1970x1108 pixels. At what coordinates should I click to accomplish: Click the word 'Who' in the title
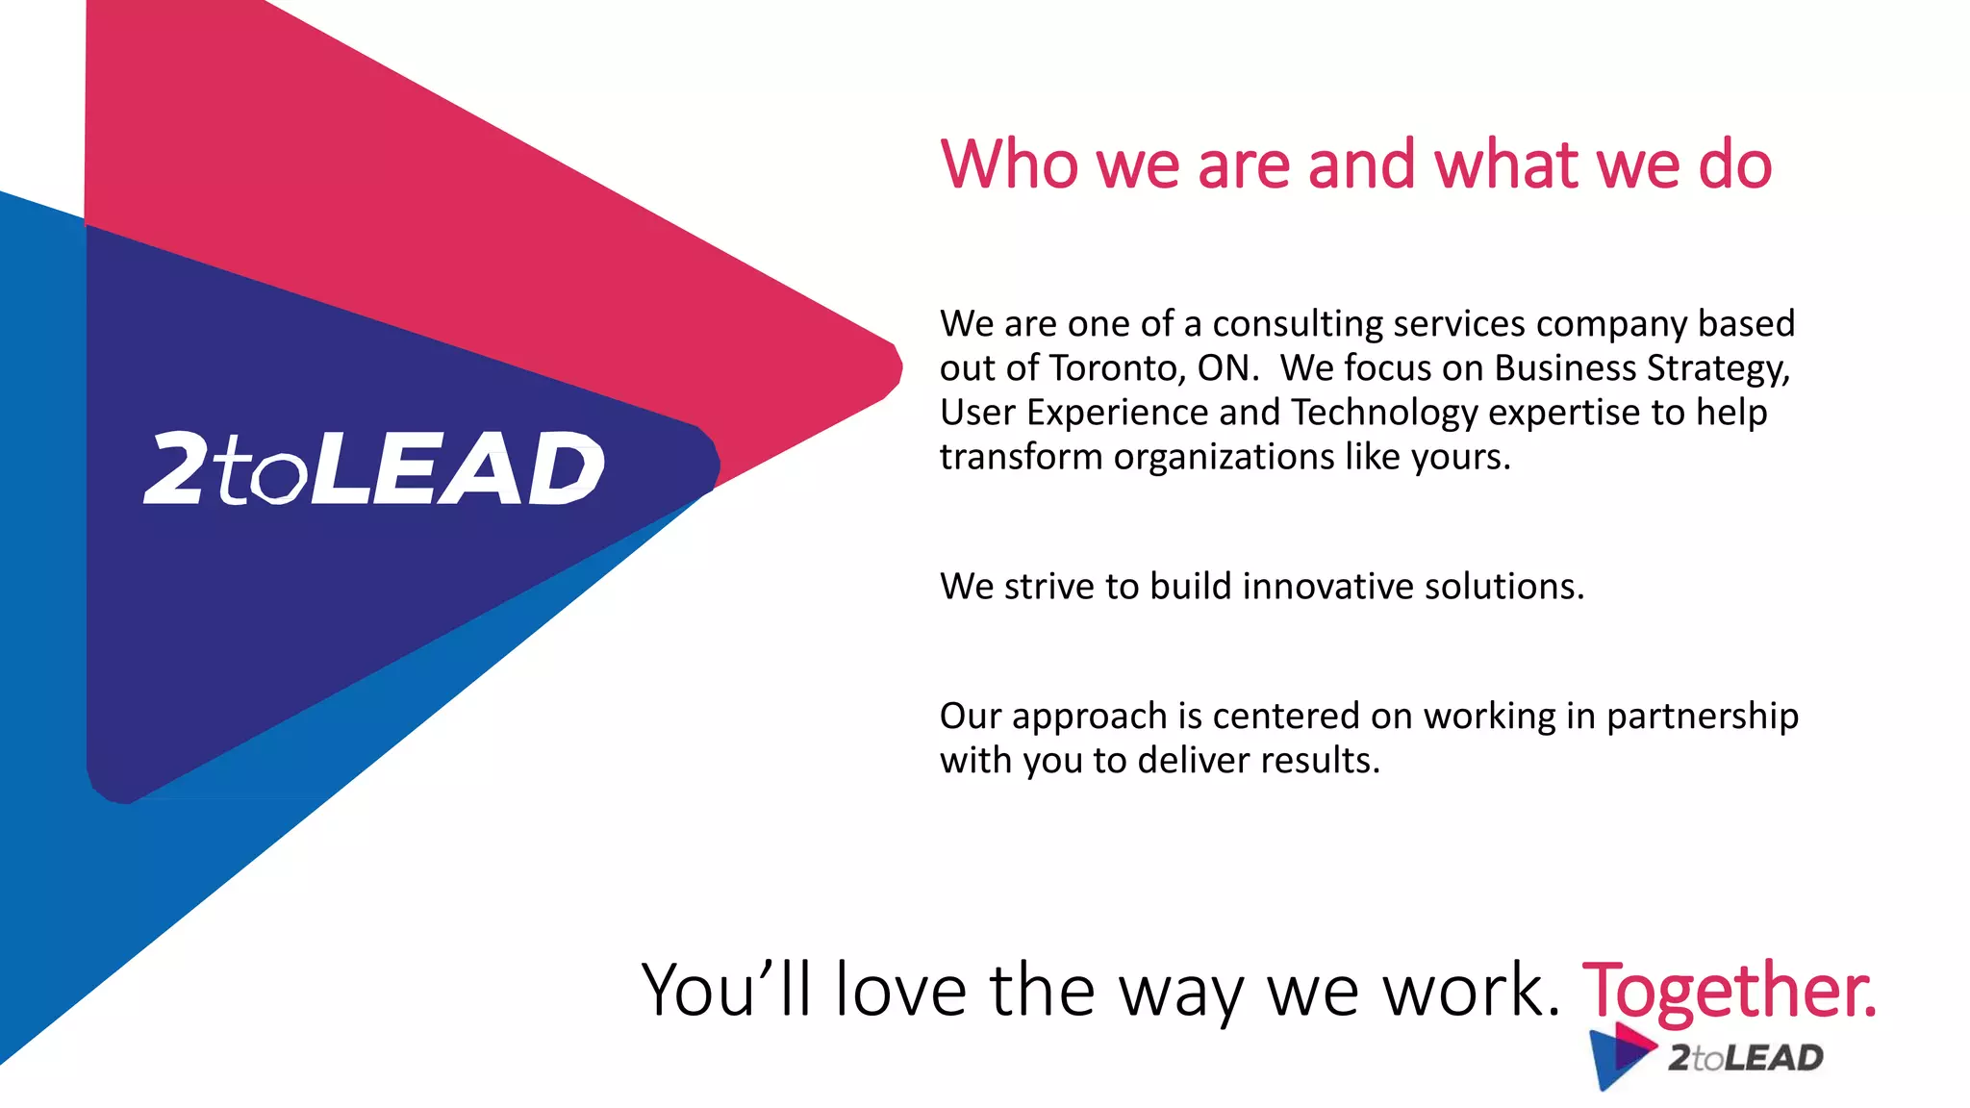click(x=1011, y=164)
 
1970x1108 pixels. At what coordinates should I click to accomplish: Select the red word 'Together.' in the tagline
click(x=1729, y=991)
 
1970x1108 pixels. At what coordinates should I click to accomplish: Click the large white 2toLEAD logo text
click(x=374, y=468)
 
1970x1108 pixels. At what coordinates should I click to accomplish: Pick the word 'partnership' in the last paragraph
click(x=1702, y=717)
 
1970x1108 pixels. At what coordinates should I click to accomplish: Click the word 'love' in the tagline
click(x=900, y=991)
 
